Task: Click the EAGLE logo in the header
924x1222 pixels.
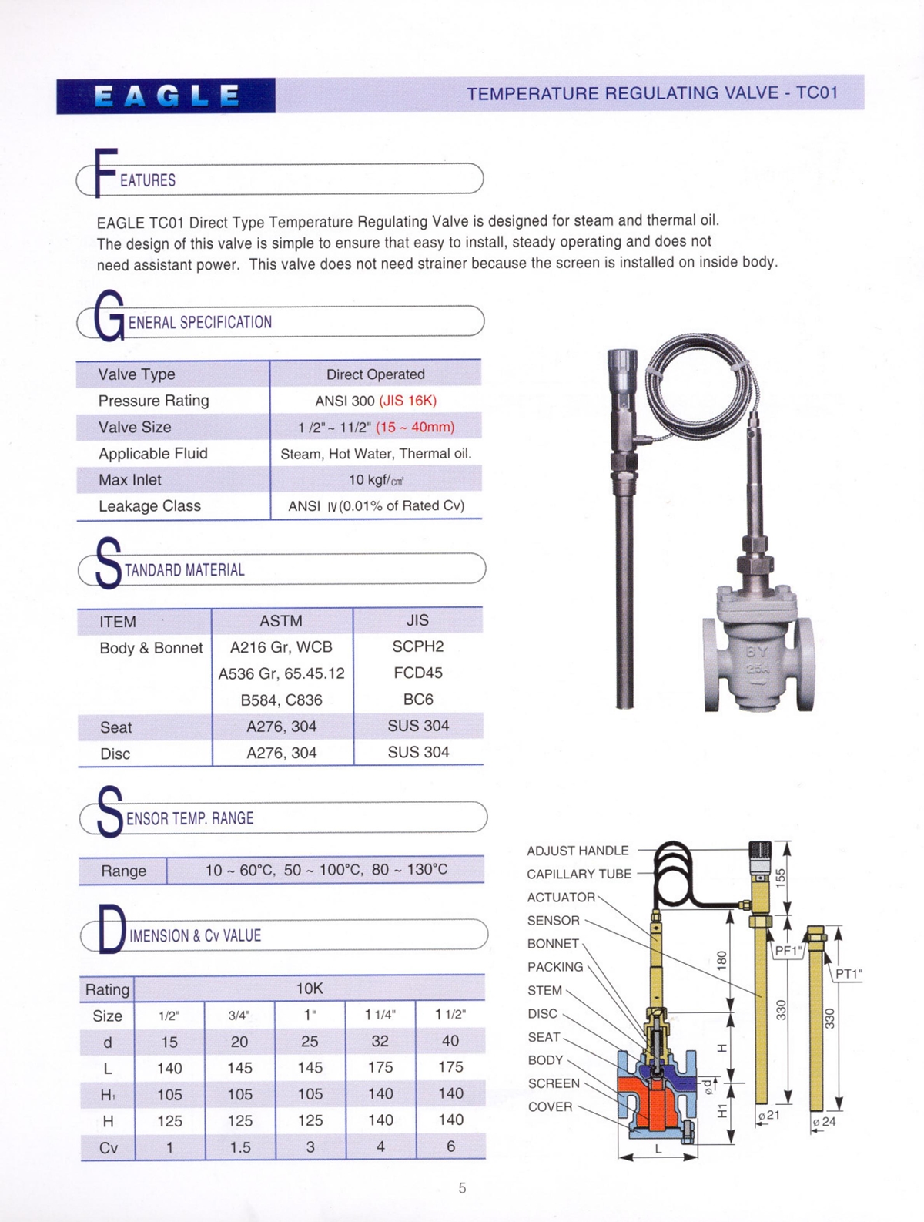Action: (166, 96)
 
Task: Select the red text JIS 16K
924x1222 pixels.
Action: (407, 401)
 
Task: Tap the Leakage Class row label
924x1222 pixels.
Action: (149, 506)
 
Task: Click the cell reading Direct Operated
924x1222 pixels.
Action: (375, 374)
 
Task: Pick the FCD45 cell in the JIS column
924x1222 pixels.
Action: (418, 673)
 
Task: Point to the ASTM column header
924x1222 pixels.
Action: (281, 621)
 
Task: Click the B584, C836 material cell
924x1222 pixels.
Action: (281, 700)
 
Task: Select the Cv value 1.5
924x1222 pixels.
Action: (240, 1147)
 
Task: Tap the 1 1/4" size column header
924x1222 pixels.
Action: (380, 1015)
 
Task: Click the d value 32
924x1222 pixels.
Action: (380, 1041)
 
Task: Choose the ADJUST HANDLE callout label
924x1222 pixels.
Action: (577, 851)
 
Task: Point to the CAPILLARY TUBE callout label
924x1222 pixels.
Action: (579, 874)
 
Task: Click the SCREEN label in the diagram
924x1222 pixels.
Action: (554, 1083)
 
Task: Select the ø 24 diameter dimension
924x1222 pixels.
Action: (824, 1122)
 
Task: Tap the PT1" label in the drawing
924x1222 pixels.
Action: (849, 974)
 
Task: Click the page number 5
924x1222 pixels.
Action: (462, 1188)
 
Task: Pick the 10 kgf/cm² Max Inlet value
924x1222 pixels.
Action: (376, 480)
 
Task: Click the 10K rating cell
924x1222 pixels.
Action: (310, 989)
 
